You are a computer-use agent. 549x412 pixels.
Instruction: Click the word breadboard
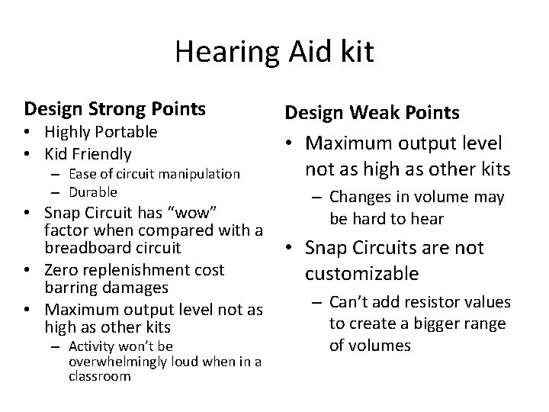pos(84,248)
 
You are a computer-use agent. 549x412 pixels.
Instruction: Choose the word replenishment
pos(138,269)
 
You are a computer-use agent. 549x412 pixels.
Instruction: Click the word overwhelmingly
pos(115,362)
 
